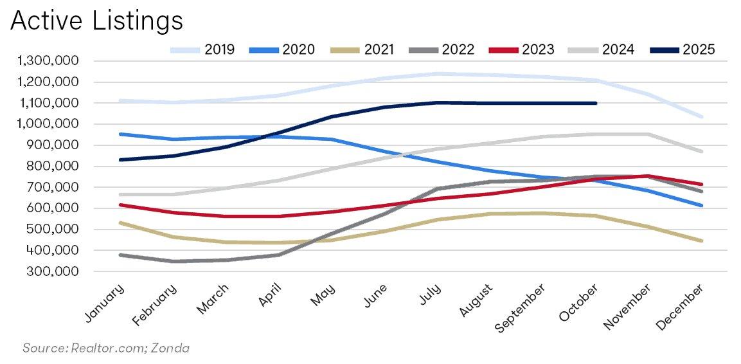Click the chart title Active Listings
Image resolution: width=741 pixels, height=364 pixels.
click(96, 21)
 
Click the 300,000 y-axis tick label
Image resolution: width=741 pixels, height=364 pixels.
click(54, 271)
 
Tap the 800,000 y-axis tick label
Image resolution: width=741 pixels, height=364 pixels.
click(54, 167)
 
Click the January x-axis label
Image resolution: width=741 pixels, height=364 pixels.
click(105, 302)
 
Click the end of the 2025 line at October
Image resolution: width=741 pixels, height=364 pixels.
click(596, 103)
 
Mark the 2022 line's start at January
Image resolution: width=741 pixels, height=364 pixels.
click(120, 255)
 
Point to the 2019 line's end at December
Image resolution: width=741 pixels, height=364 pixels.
click(702, 117)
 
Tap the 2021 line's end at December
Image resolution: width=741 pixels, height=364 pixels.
click(702, 241)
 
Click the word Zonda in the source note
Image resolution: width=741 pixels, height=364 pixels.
click(170, 348)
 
